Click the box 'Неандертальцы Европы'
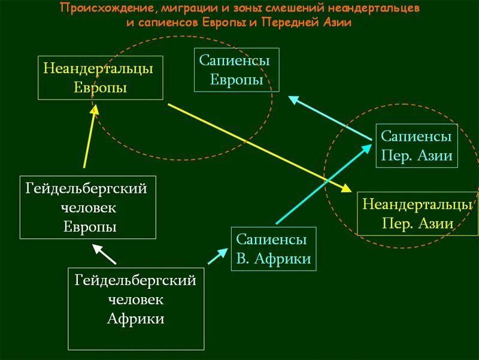101,78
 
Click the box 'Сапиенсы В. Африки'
273,249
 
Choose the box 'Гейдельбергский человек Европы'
87,207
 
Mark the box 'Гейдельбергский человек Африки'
135,308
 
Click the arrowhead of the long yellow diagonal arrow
346,188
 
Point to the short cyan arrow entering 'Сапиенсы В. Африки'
214,258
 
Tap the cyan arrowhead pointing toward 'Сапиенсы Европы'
294,99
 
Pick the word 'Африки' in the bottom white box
135,319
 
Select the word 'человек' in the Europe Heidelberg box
88,208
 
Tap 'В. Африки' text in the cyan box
273,259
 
